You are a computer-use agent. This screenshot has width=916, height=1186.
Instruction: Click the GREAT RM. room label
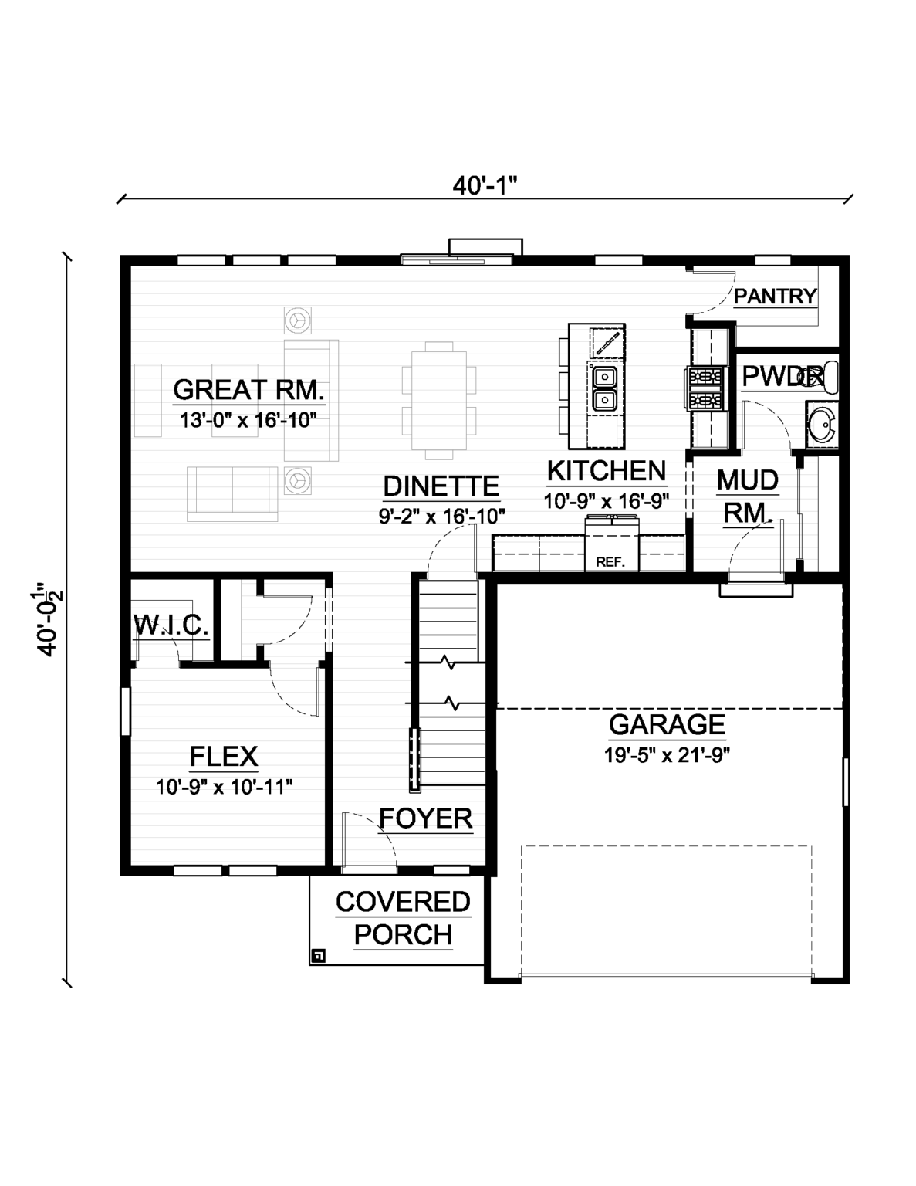coord(248,390)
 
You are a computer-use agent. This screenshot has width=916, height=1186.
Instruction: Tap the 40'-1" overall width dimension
coord(484,186)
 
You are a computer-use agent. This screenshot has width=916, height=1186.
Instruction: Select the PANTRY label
coord(775,296)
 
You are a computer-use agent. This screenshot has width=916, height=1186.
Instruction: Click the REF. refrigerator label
coord(610,562)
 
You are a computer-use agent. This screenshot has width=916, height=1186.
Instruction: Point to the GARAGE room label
coord(667,724)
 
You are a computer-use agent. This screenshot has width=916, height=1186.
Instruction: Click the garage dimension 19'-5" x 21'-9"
coord(667,754)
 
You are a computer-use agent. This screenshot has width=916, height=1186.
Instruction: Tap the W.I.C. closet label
coord(171,625)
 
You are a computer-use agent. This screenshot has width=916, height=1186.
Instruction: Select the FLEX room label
coord(224,756)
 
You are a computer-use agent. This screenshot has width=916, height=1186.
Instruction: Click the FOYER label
coord(425,818)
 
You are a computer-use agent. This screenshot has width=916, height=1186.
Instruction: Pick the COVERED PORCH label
coord(403,918)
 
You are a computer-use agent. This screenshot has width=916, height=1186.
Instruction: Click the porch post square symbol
coord(318,956)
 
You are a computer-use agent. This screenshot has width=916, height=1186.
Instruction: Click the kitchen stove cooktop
coord(704,388)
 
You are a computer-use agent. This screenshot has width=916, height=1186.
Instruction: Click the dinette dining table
coord(438,401)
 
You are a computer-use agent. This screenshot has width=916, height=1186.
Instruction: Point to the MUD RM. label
coord(747,496)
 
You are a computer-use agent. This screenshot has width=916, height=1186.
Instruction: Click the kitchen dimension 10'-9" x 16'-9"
coord(606,501)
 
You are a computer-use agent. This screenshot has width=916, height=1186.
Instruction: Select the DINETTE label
coord(441,486)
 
